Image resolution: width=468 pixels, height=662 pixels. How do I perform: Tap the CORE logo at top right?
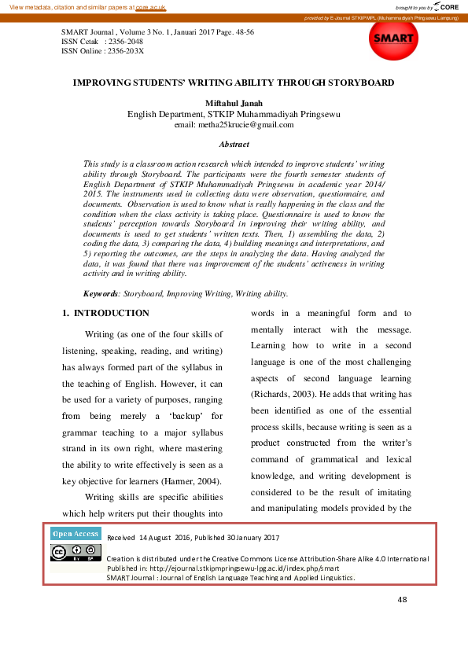click(446, 6)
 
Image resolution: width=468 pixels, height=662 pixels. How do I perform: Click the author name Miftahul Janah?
click(234, 103)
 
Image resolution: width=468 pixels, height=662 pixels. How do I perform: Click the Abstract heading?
click(234, 145)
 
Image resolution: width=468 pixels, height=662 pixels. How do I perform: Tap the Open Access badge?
click(76, 534)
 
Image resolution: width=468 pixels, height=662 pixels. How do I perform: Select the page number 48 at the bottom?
click(402, 600)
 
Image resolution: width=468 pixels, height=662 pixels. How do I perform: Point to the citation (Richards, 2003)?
click(284, 392)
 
